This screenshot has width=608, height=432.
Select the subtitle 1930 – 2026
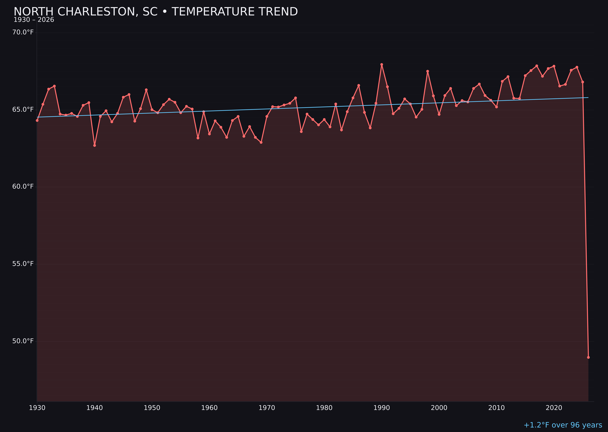coord(34,20)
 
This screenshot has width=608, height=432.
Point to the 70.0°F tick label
coord(23,32)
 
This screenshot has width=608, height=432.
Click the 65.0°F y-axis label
coord(23,109)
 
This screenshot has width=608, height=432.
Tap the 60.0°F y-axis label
coord(23,187)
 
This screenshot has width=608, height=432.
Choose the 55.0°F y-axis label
coord(23,264)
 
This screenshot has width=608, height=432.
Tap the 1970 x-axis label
coord(267,408)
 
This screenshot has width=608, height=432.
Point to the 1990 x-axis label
coord(382,408)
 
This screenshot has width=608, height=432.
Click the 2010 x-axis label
coord(496,408)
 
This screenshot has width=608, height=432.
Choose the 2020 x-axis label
coord(554,408)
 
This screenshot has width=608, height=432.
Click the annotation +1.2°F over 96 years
coord(563,425)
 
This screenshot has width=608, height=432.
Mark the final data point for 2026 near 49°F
coord(588,357)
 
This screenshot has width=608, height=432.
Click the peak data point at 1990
coord(382,64)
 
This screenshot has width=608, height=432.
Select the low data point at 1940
coord(95,145)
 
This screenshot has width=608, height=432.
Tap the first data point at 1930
coord(37,120)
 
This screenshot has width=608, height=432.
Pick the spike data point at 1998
coord(428,71)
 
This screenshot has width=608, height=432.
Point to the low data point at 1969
coord(261,142)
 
